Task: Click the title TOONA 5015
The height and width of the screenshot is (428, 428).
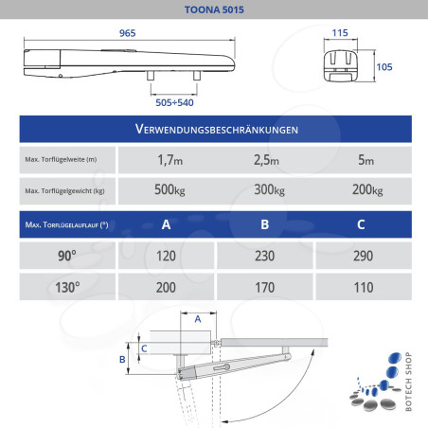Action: click(x=213, y=10)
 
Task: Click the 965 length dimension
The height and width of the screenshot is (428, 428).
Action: click(x=129, y=33)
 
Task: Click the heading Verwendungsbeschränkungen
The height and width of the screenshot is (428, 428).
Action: click(x=213, y=129)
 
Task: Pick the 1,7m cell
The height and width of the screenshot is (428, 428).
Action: click(x=170, y=160)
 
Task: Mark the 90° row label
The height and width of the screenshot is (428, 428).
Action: click(x=65, y=257)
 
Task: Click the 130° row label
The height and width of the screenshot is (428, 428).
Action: click(x=65, y=287)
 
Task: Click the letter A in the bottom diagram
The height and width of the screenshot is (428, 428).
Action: click(x=197, y=320)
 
